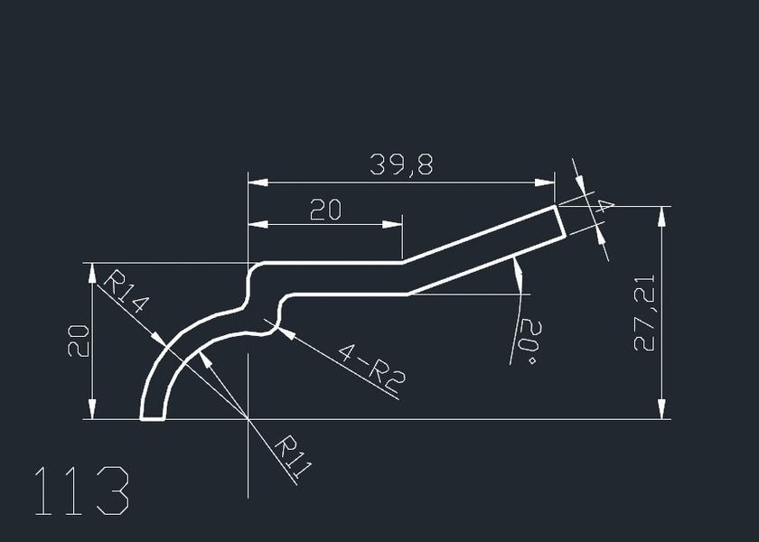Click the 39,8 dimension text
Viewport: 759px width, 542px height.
(400, 164)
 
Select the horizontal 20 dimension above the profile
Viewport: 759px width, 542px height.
(325, 210)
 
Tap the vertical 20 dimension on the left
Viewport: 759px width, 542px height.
(79, 341)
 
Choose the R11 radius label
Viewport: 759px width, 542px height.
(293, 457)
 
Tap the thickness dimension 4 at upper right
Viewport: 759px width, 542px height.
(599, 206)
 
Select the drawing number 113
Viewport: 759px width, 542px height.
(81, 492)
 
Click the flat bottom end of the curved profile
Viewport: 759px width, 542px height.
(154, 419)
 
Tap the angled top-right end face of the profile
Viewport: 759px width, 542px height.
(561, 221)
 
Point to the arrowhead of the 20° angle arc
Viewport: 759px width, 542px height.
(516, 266)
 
